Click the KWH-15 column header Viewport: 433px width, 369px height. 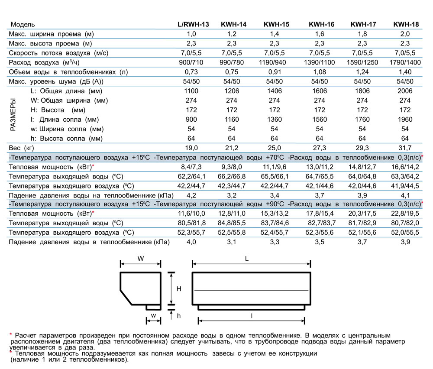(276, 24)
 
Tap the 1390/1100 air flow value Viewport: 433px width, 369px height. (319, 62)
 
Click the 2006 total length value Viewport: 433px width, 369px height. (405, 91)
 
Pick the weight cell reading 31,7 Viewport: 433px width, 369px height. (405, 148)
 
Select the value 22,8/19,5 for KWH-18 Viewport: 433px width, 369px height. (405, 214)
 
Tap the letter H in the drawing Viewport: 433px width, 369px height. (178, 289)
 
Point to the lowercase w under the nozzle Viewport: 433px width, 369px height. (152, 315)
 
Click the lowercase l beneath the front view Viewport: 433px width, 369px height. (252, 316)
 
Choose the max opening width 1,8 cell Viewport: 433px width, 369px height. (362, 34)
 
